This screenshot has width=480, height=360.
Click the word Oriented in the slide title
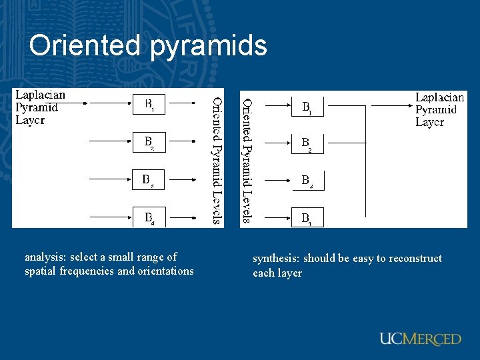click(x=84, y=45)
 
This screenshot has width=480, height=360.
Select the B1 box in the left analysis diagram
click(x=150, y=105)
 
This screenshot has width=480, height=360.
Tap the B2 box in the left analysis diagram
click(x=150, y=142)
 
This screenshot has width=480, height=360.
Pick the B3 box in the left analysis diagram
click(x=150, y=180)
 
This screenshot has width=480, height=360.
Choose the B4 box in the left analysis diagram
click(x=150, y=217)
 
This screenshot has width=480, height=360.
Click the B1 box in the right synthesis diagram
click(x=307, y=107)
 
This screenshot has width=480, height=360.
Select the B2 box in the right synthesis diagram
click(x=307, y=143)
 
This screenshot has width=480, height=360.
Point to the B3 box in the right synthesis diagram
click(x=307, y=181)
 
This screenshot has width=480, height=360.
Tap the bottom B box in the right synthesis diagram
click(x=307, y=218)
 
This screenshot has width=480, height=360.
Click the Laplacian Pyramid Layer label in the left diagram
click(x=40, y=107)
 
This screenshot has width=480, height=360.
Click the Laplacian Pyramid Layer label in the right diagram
click(x=439, y=110)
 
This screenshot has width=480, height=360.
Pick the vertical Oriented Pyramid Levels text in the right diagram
click(x=247, y=160)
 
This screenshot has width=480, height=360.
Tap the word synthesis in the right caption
click(x=275, y=259)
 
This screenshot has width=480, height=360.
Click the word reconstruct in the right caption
click(x=414, y=259)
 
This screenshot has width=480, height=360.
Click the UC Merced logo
click(x=420, y=339)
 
